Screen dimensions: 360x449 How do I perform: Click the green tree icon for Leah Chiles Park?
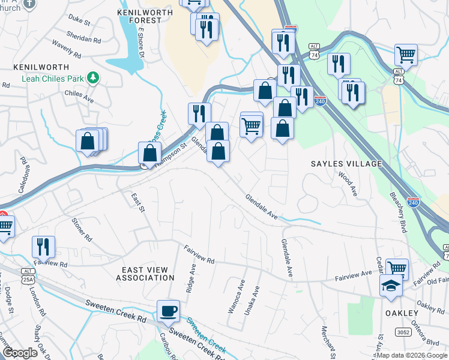pos(92,77)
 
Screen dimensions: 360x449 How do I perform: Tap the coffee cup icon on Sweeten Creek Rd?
pos(168,310)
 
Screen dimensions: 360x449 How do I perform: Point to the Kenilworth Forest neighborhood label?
pos(140,16)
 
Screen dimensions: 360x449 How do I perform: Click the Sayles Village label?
pos(346,164)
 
